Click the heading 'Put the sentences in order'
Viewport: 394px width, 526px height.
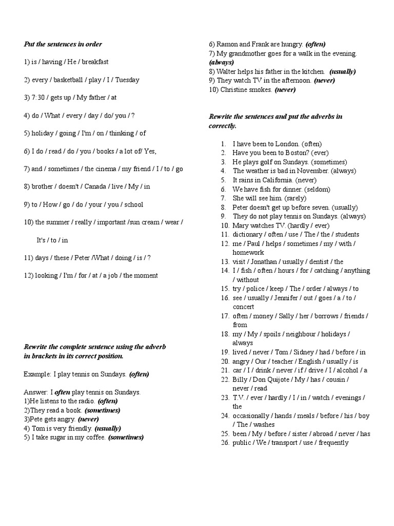tap(63, 44)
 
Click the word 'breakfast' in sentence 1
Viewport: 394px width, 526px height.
tap(95, 62)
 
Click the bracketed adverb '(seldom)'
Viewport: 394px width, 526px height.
tap(319, 189)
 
